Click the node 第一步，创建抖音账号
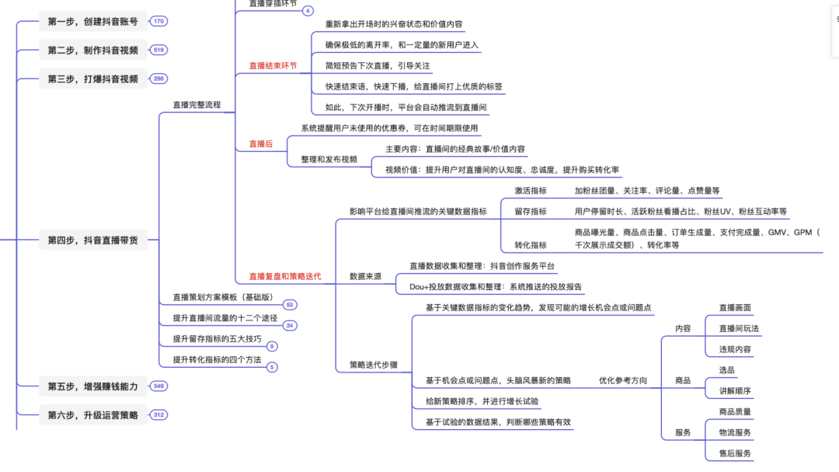92,22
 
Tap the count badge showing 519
159,50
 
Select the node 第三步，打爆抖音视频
92,79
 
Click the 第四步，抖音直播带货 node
92,241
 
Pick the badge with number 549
159,386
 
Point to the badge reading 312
159,414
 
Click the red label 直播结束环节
273,66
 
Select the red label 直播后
261,144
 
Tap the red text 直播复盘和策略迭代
284,276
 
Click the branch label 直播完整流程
197,105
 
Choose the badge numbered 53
289,305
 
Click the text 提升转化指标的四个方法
217,360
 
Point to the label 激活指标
530,191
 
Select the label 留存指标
530,212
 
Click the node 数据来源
365,276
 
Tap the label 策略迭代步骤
374,365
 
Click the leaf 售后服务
735,453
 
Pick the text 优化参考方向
623,381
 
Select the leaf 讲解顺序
735,391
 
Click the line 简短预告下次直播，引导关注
378,66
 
